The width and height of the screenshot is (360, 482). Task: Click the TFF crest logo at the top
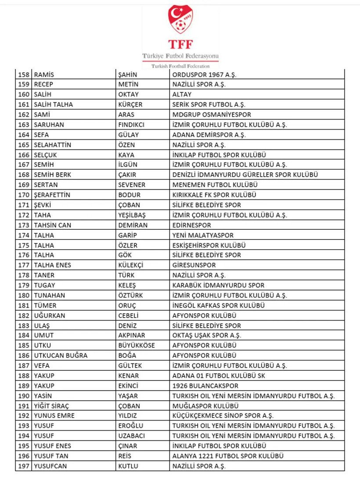(180, 19)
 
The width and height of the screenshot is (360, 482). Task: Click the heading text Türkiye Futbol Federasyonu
(180, 56)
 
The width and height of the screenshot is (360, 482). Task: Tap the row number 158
(24, 75)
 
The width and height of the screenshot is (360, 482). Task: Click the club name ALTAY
(182, 94)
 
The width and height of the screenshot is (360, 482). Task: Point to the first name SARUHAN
(49, 125)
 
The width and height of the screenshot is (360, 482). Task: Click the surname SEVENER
(132, 185)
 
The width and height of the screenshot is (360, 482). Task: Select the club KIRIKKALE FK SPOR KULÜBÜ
(214, 195)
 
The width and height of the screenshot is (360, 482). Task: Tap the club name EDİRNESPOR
(191, 225)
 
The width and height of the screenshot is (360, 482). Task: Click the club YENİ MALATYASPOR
(203, 235)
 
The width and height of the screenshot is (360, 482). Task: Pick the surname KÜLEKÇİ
(131, 265)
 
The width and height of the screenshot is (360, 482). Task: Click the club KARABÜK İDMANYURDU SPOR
(218, 285)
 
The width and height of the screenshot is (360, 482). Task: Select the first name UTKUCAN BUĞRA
(61, 355)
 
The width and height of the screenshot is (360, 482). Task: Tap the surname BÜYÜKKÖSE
(137, 345)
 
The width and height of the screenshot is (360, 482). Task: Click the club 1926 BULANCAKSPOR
(205, 386)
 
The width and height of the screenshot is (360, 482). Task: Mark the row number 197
(24, 466)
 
